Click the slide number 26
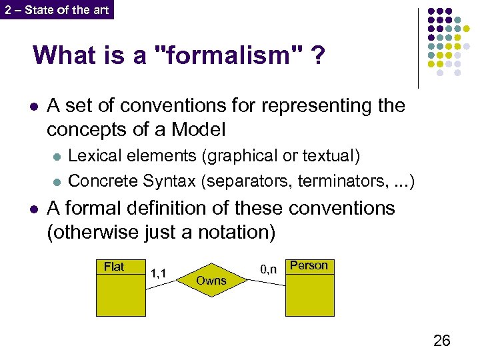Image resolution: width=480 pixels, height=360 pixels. (x=441, y=341)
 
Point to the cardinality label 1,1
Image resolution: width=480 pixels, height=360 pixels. (x=159, y=273)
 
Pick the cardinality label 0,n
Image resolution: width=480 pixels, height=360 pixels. (x=268, y=269)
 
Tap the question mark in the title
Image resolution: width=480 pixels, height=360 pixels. (x=318, y=56)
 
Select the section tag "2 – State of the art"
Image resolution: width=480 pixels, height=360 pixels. (x=57, y=9)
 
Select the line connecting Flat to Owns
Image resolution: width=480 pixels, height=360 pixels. (x=161, y=283)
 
